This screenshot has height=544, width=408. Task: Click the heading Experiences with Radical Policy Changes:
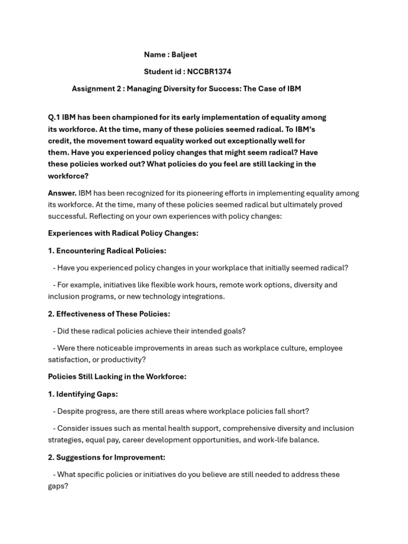[x=123, y=233]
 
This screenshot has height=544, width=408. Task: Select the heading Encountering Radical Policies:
[x=111, y=250]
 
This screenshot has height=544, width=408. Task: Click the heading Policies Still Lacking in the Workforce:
[x=117, y=377]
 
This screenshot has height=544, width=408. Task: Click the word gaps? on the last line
[x=58, y=486]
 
